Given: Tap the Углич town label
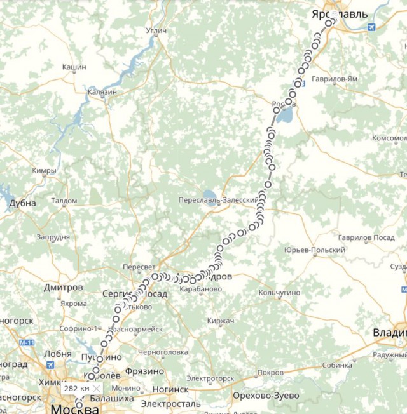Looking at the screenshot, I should (x=156, y=30).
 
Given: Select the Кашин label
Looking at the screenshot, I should (x=74, y=67).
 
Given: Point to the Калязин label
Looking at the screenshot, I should (x=102, y=92).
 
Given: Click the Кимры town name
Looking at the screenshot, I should (x=44, y=171).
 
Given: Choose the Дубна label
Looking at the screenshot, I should (x=22, y=203).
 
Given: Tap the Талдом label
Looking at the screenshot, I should (x=64, y=201).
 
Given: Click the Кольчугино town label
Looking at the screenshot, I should (x=279, y=293).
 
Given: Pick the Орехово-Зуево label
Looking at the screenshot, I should (x=267, y=396).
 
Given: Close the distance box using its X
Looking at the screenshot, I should (x=96, y=387).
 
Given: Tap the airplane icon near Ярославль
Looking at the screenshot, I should (x=372, y=27).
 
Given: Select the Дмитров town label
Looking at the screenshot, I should (x=64, y=287).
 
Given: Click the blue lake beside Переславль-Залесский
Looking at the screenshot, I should (x=208, y=194).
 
